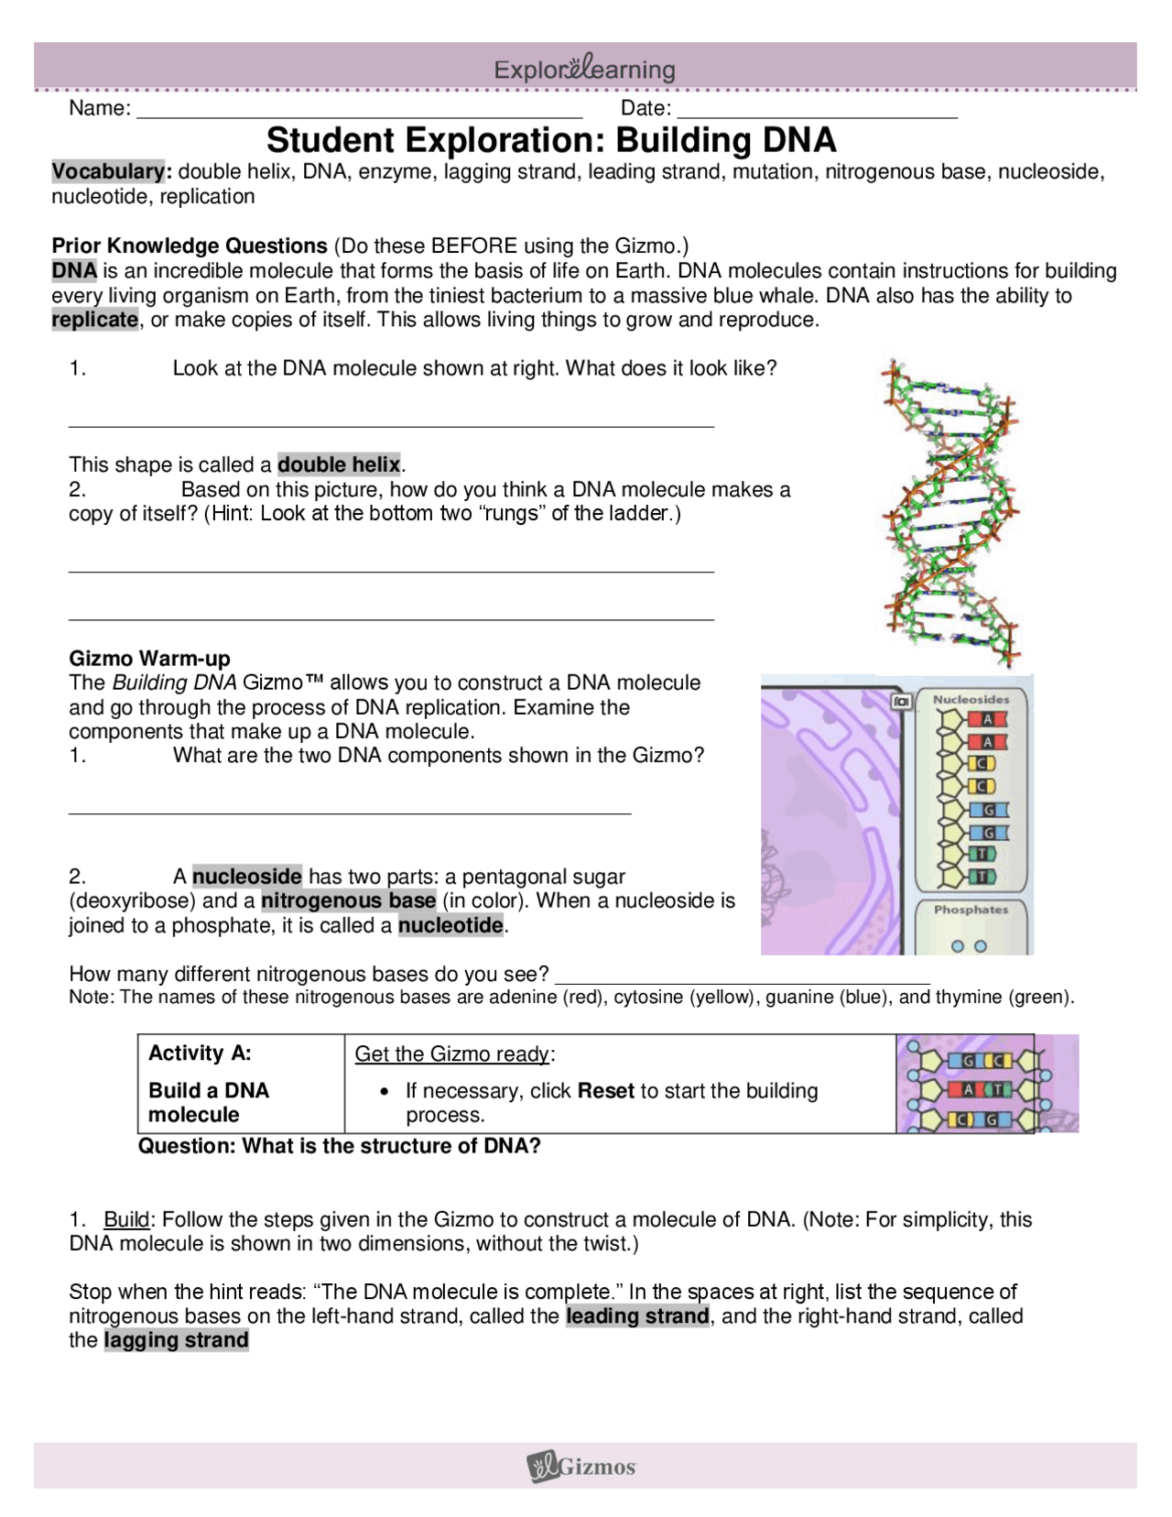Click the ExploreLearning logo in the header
tap(584, 69)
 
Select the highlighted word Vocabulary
tap(108, 171)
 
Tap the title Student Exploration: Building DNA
tap(551, 140)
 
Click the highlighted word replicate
tap(94, 320)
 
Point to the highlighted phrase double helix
tap(339, 464)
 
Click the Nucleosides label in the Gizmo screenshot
tap(971, 700)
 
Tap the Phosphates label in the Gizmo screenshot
tap(971, 910)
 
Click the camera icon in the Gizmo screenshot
tap(901, 701)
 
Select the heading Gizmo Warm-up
tap(149, 659)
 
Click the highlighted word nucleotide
tap(450, 925)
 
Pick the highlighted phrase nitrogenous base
tap(348, 900)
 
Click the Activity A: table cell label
tap(200, 1053)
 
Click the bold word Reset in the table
tap(605, 1091)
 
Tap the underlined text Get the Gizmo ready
tap(452, 1054)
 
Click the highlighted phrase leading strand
tap(637, 1316)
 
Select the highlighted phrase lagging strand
tap(176, 1341)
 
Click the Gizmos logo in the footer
tap(582, 1467)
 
